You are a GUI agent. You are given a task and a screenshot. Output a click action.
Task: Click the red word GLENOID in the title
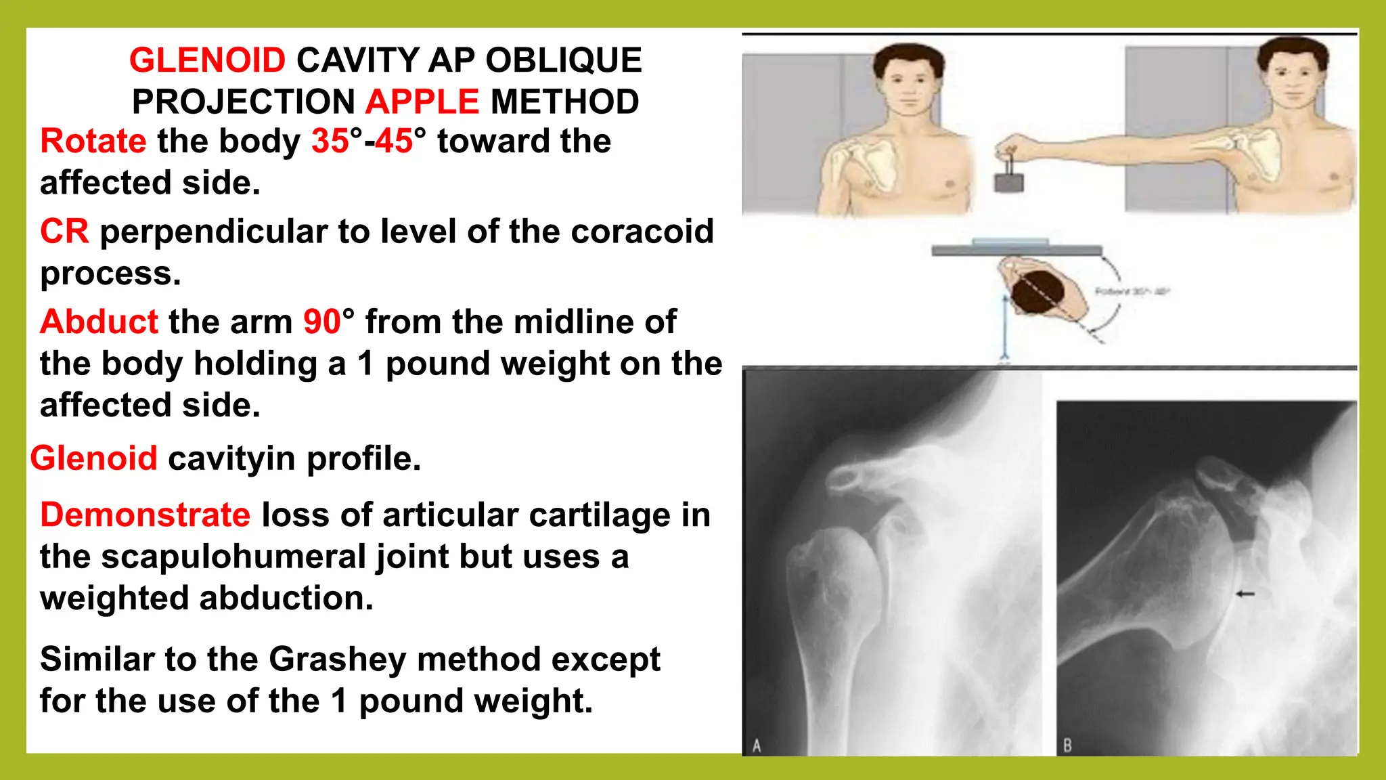pyautogui.click(x=207, y=60)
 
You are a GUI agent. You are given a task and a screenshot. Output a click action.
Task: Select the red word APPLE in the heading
pyautogui.click(x=422, y=102)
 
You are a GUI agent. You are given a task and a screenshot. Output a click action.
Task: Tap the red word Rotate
pyautogui.click(x=93, y=142)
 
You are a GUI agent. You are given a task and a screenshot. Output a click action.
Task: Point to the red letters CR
pyautogui.click(x=64, y=232)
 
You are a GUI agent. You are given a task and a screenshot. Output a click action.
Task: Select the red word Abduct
pyautogui.click(x=99, y=322)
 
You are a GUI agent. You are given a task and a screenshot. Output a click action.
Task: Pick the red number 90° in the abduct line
pyautogui.click(x=328, y=322)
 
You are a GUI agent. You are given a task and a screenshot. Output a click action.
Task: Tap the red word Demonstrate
pyautogui.click(x=145, y=515)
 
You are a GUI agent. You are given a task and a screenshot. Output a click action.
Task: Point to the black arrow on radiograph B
pyautogui.click(x=1245, y=594)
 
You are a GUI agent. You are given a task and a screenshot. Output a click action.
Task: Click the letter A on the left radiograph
pyautogui.click(x=757, y=745)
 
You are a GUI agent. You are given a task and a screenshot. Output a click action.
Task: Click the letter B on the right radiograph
pyautogui.click(x=1067, y=745)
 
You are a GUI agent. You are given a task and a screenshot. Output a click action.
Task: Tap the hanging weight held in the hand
pyautogui.click(x=1008, y=181)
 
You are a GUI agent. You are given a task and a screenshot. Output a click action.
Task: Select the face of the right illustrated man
pyautogui.click(x=1292, y=82)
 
